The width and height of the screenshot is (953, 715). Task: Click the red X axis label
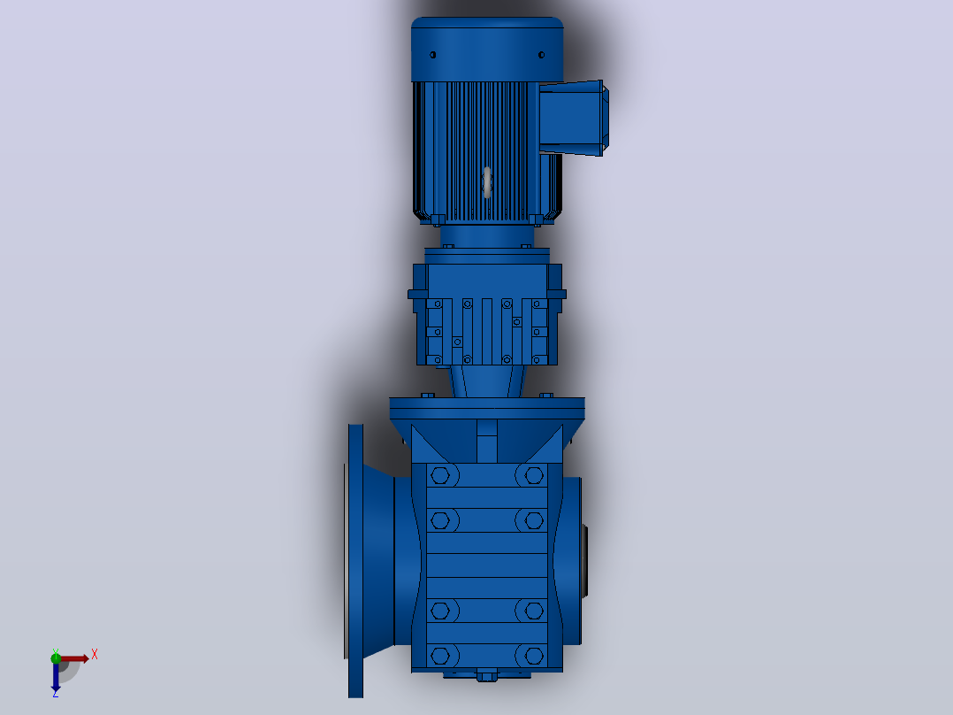point(95,655)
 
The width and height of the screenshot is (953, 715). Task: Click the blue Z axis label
point(56,693)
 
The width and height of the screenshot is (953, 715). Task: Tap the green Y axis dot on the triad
point(56,657)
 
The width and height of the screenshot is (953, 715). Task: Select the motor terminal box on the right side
point(573,118)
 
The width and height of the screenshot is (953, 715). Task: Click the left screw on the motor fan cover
point(433,55)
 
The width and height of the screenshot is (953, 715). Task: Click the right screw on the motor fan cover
point(542,55)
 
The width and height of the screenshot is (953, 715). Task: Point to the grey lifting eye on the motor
point(487,182)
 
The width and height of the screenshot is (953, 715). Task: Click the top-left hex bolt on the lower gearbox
point(440,475)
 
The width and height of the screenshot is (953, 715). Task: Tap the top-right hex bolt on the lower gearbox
point(534,475)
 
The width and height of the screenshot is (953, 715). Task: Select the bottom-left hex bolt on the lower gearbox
point(440,656)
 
